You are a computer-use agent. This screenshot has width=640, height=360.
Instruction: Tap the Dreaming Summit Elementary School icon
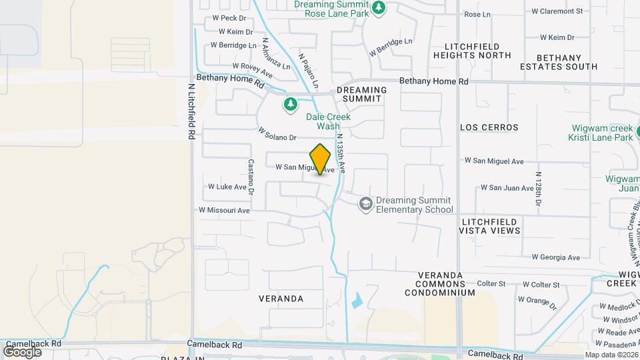coord(365,203)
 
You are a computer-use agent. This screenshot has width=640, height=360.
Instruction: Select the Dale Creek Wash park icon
coord(290,104)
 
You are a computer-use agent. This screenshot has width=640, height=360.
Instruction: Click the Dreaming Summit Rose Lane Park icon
coord(379,9)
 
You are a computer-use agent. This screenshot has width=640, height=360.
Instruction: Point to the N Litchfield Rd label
coord(191,110)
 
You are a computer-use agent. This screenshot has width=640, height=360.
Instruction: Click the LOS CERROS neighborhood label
coord(489,127)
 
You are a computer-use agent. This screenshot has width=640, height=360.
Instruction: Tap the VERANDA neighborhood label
coord(281,299)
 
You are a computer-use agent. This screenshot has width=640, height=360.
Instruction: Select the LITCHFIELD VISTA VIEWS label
coord(489,225)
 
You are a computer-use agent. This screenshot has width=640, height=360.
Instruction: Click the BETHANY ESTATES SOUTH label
coord(567,62)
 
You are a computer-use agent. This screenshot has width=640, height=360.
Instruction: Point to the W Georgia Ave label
coord(555,257)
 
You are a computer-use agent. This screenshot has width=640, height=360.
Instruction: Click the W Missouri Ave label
coord(224,210)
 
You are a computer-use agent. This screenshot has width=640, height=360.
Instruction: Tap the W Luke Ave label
coord(227,187)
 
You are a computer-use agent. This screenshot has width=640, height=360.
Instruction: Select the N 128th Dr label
coord(539,188)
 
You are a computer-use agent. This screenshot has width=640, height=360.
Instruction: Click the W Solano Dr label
coord(277,133)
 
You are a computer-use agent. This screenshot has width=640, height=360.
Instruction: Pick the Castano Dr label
coord(251,176)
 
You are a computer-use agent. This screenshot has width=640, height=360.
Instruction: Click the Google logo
coord(22,351)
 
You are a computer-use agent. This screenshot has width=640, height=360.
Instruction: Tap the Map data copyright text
coord(611,355)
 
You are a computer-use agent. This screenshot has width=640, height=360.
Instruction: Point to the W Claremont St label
coord(557,11)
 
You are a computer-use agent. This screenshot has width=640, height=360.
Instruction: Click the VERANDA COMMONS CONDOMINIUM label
coord(446,283)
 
